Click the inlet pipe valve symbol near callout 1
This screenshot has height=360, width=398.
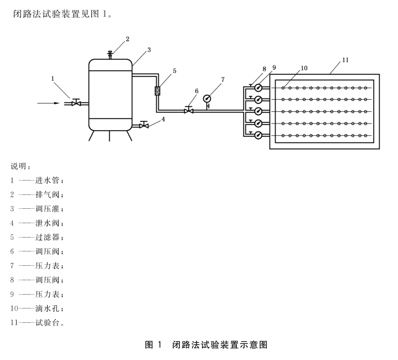coord(76,102)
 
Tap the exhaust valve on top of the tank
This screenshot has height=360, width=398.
coord(110,54)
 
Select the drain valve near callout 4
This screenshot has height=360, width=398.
coord(144,125)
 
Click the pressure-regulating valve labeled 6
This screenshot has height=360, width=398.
coord(189,110)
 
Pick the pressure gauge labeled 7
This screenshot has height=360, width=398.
coord(208,99)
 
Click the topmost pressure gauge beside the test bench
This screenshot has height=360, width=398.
coord(258,88)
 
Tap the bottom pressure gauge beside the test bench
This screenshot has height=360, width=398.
coord(258,135)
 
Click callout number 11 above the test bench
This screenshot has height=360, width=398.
coord(345,59)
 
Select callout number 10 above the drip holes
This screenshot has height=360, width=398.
coord(303,68)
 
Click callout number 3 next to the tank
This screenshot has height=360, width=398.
coord(149,50)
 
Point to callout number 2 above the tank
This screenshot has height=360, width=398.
coord(127,39)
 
